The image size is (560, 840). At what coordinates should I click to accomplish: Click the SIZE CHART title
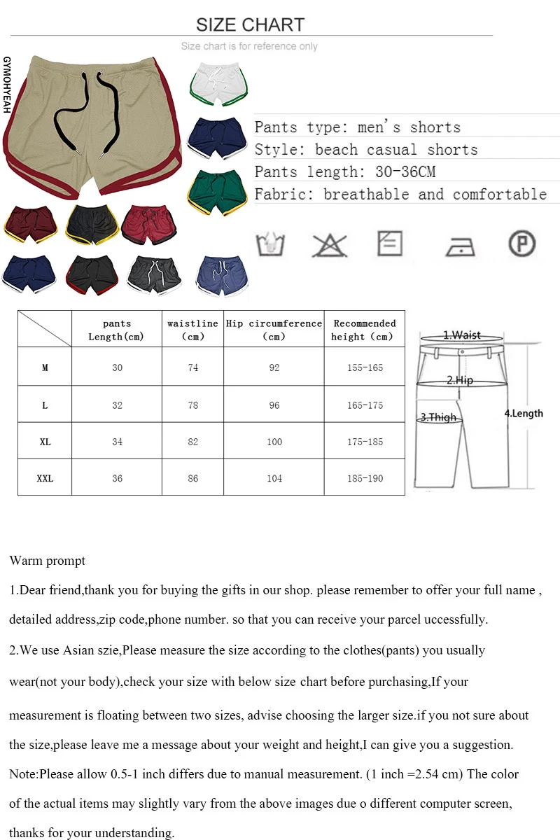click(x=250, y=24)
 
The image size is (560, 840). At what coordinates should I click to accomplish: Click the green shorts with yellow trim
click(x=218, y=191)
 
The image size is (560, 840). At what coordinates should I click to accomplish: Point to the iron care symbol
click(x=460, y=246)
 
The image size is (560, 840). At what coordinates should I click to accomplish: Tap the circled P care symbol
click(x=521, y=244)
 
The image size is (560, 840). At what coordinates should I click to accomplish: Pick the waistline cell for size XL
click(x=193, y=442)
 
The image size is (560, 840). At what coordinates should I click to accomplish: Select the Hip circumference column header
click(x=274, y=329)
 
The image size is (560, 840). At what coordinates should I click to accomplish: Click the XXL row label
click(x=45, y=479)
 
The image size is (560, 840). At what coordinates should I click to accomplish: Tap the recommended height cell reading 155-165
click(x=365, y=367)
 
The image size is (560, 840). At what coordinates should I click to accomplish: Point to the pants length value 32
click(x=117, y=405)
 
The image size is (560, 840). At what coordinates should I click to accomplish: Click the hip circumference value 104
click(x=274, y=479)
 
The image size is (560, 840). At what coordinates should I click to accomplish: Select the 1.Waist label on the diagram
click(x=461, y=335)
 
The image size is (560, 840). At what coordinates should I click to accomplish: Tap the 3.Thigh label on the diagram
click(x=438, y=417)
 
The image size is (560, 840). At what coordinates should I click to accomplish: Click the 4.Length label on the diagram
click(x=524, y=413)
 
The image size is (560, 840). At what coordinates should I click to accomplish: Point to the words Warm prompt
click(x=48, y=561)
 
